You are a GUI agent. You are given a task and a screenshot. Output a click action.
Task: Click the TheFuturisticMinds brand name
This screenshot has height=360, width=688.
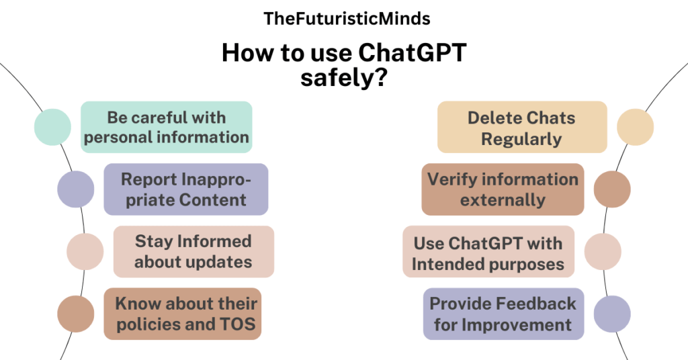point(347,19)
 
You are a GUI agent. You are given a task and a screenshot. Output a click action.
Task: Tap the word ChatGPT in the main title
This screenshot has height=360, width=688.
point(412,52)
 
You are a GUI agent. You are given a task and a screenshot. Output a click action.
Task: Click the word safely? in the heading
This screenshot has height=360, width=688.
point(344,78)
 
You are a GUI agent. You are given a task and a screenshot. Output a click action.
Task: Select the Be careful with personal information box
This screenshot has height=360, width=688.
point(167,127)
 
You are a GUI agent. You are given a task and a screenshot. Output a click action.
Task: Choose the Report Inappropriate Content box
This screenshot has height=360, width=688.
point(186,189)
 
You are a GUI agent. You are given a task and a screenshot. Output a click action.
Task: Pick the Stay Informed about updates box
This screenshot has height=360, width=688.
point(193,252)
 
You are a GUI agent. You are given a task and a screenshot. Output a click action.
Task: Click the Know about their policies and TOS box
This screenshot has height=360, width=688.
point(183,314)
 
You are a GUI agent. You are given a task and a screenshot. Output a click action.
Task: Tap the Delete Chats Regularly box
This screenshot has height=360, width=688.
point(522,127)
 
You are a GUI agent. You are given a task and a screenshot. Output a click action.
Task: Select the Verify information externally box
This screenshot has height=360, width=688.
point(503,189)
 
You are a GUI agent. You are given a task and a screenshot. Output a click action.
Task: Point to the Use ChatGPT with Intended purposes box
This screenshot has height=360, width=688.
point(488,252)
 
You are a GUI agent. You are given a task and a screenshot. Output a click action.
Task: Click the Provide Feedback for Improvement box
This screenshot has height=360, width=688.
point(503,314)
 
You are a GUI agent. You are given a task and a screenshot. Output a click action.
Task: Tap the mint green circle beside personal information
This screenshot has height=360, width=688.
point(52,127)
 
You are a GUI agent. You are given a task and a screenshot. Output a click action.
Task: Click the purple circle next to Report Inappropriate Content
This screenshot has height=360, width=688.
point(75,189)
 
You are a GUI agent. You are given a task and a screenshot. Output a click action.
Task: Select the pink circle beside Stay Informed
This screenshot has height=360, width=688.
point(85,252)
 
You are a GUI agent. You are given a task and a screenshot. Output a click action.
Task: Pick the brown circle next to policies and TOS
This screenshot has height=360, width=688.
point(75,314)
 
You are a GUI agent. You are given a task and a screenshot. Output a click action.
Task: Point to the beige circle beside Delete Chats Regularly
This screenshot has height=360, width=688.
point(636,127)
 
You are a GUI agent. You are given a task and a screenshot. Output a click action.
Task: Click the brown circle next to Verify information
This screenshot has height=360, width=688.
point(612,189)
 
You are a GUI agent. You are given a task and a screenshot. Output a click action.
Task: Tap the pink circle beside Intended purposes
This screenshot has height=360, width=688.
point(603,252)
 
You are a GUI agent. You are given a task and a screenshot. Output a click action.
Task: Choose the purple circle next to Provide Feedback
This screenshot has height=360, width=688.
point(612,314)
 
